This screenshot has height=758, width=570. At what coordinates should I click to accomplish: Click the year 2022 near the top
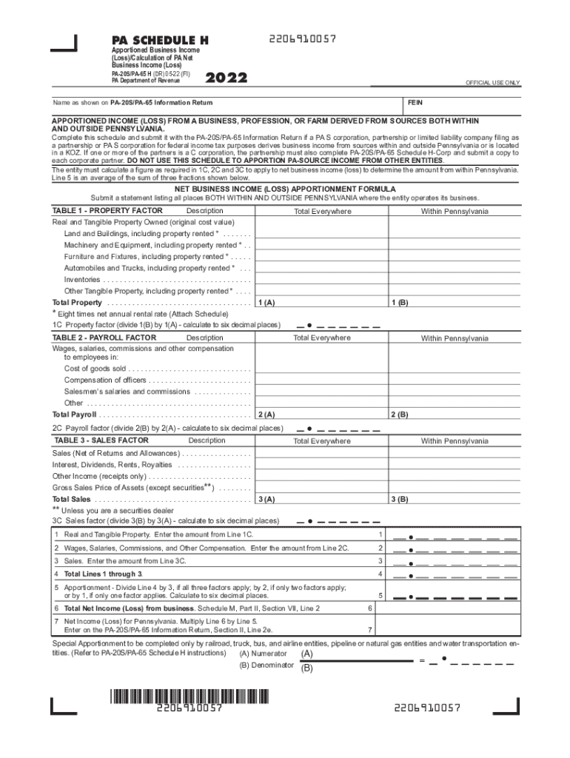pos(226,78)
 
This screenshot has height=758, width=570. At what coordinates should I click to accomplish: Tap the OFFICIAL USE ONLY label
pos(492,82)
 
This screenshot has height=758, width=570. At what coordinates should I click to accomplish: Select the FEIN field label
pos(415,102)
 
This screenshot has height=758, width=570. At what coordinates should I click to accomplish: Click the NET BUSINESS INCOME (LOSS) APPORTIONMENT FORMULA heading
pos(284,188)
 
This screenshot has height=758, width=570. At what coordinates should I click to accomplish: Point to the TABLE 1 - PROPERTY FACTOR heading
pos(107,211)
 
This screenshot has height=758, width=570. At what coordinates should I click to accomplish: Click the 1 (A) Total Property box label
pos(266,303)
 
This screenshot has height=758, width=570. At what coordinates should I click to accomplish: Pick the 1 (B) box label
pos(400,303)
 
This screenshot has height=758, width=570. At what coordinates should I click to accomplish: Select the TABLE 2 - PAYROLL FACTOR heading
pos(104,338)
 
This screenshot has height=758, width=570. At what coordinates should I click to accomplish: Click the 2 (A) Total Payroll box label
pos(266,415)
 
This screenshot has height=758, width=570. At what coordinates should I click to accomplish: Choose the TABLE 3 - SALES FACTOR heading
pos(101,440)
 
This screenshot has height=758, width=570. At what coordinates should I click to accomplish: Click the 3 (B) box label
pos(400,500)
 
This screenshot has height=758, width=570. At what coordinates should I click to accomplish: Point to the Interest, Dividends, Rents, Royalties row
pos(112,465)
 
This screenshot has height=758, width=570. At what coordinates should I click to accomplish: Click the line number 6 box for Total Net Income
pos(370,608)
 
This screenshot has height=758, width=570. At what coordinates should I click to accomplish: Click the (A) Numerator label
pos(264,654)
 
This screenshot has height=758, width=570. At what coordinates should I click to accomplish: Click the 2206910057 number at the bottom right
pos(428,708)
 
